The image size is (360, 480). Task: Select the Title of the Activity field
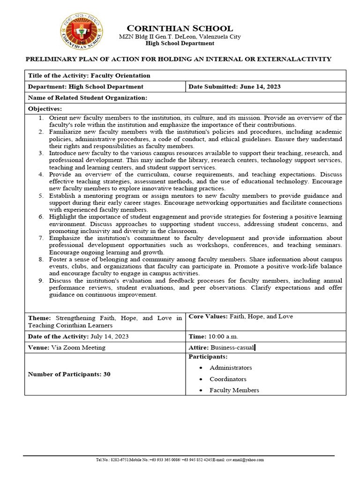pyautogui.click(x=89, y=75)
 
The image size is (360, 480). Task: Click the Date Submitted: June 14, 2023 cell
pyautogui.click(x=234, y=87)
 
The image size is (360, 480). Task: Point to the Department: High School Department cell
pyautogui.click(x=86, y=87)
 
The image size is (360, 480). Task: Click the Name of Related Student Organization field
pyautogui.click(x=88, y=97)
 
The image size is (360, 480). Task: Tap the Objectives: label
pyautogui.click(x=45, y=108)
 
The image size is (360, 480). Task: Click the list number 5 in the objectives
pyautogui.click(x=41, y=195)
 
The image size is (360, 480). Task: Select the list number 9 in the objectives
pyautogui.click(x=41, y=281)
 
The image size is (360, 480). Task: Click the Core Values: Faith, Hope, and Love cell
pyautogui.click(x=240, y=316)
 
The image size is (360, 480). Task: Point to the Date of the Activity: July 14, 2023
pyautogui.click(x=78, y=337)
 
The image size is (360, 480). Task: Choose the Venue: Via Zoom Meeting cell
pyautogui.click(x=67, y=347)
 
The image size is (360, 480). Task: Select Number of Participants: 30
pyautogui.click(x=69, y=374)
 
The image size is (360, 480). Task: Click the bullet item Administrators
pyautogui.click(x=231, y=367)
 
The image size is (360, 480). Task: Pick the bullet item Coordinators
pyautogui.click(x=228, y=379)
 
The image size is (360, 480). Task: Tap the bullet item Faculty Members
pyautogui.click(x=234, y=390)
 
